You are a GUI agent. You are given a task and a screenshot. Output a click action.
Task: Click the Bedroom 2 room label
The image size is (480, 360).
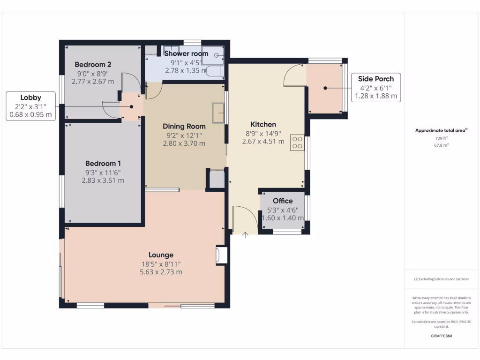click(x=93, y=64)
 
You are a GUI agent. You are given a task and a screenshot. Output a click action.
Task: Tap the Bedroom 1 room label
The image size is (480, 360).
click(x=103, y=164)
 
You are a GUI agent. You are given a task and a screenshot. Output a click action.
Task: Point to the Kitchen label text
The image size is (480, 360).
click(x=263, y=124)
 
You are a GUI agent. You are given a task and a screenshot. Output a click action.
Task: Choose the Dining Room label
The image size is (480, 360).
click(x=184, y=126)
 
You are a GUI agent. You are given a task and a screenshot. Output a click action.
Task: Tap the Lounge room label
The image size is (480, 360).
click(x=161, y=255)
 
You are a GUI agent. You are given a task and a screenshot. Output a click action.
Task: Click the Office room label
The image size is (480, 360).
click(x=283, y=201)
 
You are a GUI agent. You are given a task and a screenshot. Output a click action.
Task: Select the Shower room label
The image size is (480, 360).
click(x=186, y=54)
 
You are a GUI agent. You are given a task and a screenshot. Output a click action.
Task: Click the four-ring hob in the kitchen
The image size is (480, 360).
click(x=297, y=142)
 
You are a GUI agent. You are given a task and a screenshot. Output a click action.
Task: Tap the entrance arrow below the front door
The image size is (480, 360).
click(x=245, y=234)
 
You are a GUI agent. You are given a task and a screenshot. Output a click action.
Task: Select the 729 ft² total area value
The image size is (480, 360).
click(x=441, y=139)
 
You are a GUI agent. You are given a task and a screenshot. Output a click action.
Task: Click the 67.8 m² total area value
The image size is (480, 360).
click(x=441, y=145)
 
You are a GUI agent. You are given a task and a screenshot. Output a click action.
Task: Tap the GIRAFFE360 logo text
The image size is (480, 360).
click(x=441, y=336)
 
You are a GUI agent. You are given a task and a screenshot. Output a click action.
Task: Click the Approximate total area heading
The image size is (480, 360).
click(x=441, y=131)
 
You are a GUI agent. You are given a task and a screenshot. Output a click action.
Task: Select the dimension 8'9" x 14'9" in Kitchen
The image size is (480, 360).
click(x=263, y=133)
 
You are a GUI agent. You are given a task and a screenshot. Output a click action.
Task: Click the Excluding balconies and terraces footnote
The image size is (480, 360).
click(x=441, y=279)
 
